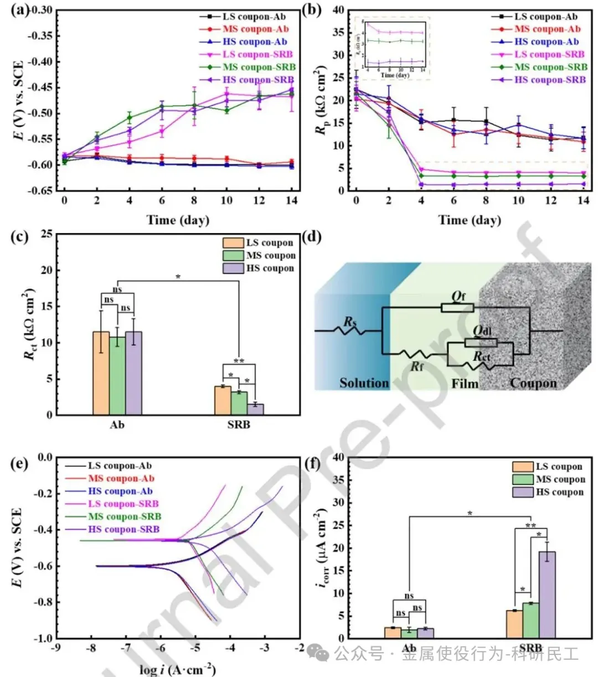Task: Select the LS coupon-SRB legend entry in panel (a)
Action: [257, 54]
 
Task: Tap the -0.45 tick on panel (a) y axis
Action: [41, 87]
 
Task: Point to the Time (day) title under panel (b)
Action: [469, 220]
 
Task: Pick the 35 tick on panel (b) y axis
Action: [338, 33]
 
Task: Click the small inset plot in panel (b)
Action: [392, 48]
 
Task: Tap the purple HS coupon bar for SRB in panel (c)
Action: [255, 409]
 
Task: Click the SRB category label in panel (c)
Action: [239, 425]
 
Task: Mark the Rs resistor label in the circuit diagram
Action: [349, 322]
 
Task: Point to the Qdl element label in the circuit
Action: [482, 330]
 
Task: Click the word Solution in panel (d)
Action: [364, 383]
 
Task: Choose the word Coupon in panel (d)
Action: [533, 383]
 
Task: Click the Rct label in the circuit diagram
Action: [481, 357]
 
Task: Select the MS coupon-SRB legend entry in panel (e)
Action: [125, 516]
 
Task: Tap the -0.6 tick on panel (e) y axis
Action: [42, 566]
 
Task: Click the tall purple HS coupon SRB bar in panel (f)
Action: [547, 595]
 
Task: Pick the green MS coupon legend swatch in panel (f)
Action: [523, 479]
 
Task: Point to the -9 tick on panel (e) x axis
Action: [56, 648]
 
